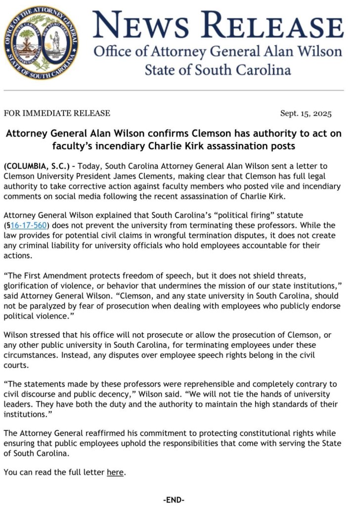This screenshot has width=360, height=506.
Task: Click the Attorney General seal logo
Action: point(41,44)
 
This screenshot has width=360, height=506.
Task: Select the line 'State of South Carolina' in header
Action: point(218,70)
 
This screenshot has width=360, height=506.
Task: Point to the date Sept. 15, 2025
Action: point(306,113)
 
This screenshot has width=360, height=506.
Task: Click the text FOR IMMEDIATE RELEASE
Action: point(57,113)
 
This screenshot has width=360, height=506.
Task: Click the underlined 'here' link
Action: point(115,472)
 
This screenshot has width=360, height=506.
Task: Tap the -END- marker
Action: point(174,500)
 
